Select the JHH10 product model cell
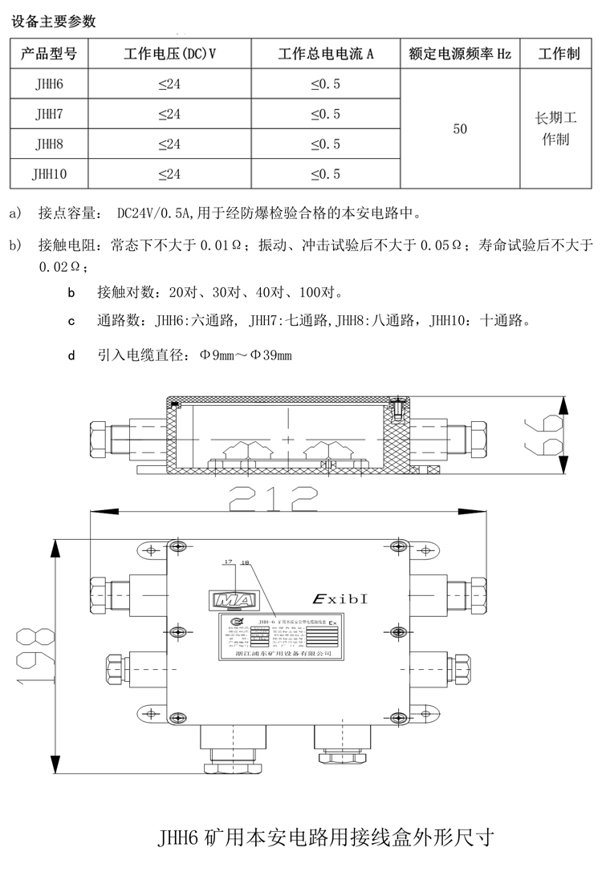pyautogui.click(x=50, y=173)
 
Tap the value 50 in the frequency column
pyautogui.click(x=460, y=129)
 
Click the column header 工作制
pyautogui.click(x=559, y=55)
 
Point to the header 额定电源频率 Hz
pyautogui.click(x=460, y=55)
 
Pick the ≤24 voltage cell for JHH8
pyautogui.click(x=169, y=144)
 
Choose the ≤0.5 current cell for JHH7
pyautogui.click(x=325, y=115)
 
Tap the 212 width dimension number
pyautogui.click(x=274, y=503)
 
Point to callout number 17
pyautogui.click(x=229, y=562)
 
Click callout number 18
pyautogui.click(x=245, y=564)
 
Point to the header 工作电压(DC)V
pyautogui.click(x=169, y=55)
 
